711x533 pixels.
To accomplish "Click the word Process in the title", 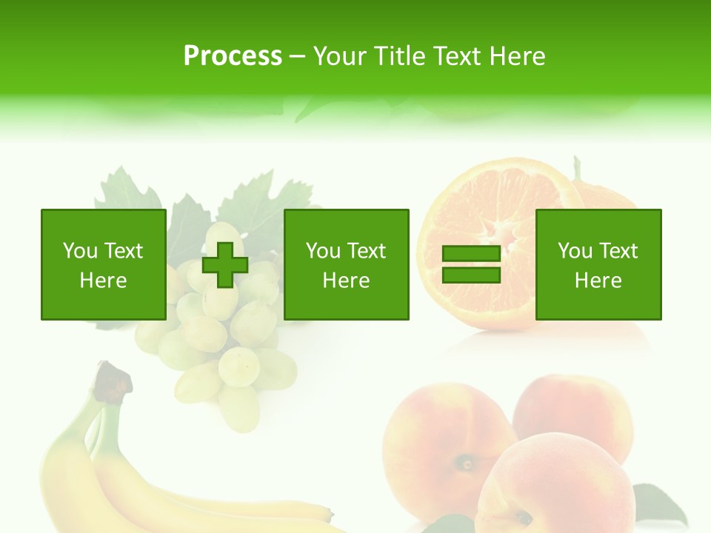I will [233, 56].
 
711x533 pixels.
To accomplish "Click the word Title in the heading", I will [401, 56].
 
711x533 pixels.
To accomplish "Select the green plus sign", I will [225, 265].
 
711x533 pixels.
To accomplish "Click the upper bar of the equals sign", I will [471, 254].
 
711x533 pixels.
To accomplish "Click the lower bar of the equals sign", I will [471, 275].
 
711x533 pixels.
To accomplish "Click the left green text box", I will [103, 265].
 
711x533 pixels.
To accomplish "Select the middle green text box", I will [346, 265].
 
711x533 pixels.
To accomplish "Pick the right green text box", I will [598, 265].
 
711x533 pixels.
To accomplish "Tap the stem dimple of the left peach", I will [467, 464].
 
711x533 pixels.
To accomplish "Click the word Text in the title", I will [454, 56].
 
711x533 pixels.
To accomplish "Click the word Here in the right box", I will [598, 281].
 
